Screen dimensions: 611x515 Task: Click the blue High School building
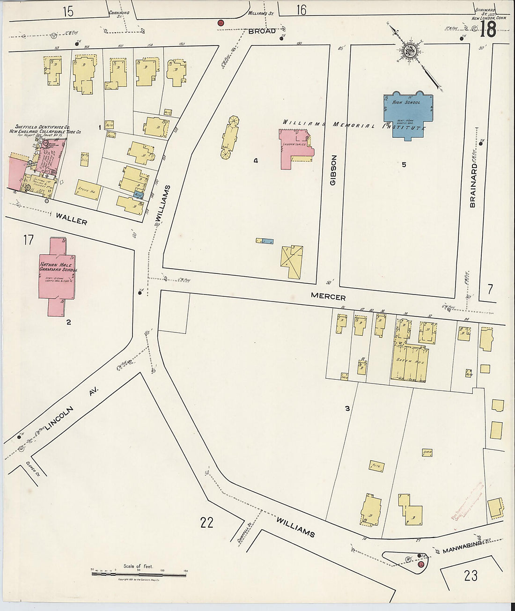(x=407, y=117)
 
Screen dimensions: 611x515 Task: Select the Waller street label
(x=71, y=219)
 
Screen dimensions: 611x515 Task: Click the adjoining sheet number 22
(x=206, y=522)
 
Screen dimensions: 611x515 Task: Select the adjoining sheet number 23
(x=471, y=574)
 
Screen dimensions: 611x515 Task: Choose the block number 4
(x=256, y=161)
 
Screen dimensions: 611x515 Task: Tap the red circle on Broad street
(x=221, y=22)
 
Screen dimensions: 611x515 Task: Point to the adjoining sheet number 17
(x=28, y=240)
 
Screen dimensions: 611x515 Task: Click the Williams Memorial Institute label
(x=353, y=125)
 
